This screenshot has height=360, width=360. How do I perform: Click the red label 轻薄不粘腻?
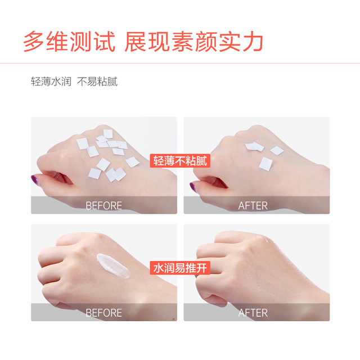(x=180, y=161)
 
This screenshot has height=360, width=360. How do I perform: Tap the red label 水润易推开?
(x=180, y=268)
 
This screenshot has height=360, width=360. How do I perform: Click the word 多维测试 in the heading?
(x=69, y=42)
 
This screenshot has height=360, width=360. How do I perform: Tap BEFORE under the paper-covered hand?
(x=103, y=205)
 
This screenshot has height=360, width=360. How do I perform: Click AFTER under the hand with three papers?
(x=253, y=205)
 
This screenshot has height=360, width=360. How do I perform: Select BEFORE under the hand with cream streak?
(x=103, y=312)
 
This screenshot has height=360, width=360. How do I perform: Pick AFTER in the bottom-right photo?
(x=253, y=312)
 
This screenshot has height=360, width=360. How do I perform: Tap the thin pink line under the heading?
(x=180, y=62)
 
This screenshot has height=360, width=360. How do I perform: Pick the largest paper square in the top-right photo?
(x=266, y=164)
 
